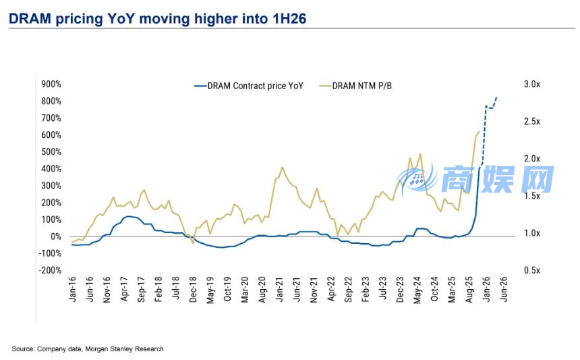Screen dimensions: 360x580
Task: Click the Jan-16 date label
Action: click(x=73, y=289)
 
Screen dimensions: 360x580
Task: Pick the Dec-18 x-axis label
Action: click(x=194, y=289)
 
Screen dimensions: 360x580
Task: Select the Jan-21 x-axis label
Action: click(x=280, y=289)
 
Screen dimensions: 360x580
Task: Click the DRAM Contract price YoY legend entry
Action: click(x=249, y=86)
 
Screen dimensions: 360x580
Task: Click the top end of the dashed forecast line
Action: click(x=497, y=97)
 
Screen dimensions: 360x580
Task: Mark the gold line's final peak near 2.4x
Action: click(x=479, y=132)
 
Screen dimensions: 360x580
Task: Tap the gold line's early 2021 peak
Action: click(x=282, y=167)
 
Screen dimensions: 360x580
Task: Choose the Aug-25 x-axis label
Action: click(x=470, y=289)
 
